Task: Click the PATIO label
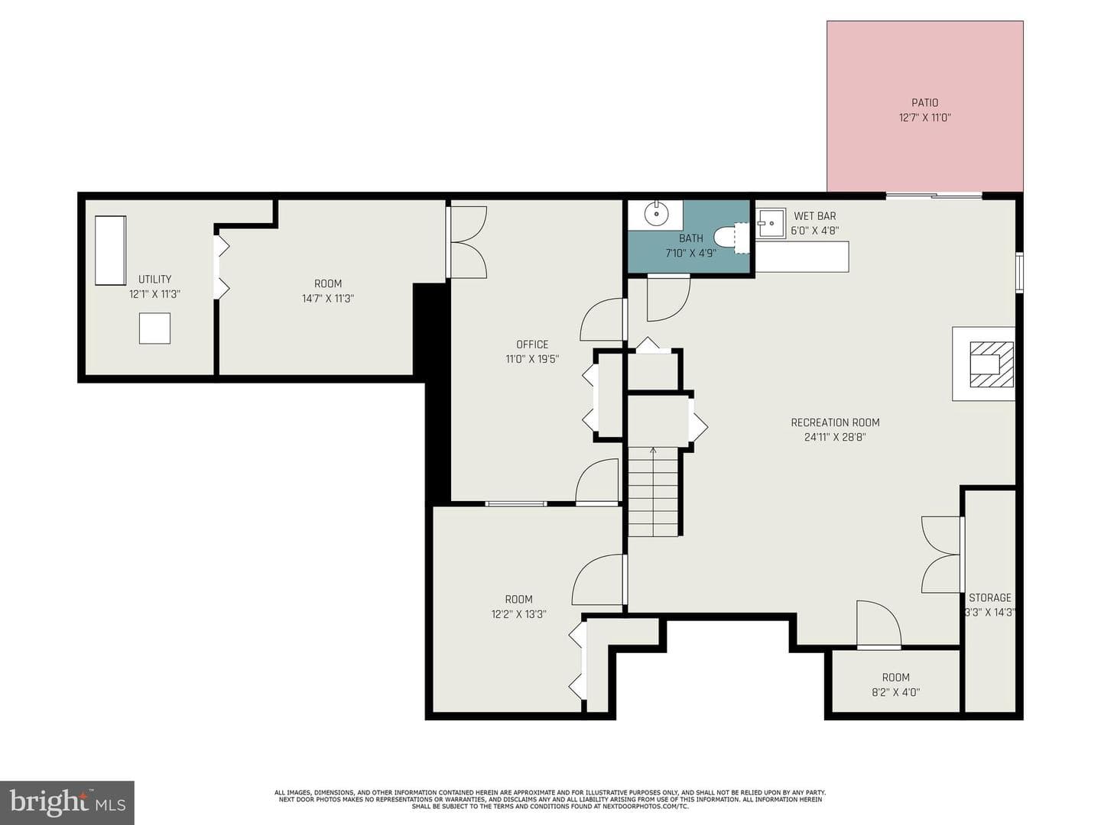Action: [924, 102]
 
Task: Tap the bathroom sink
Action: [655, 215]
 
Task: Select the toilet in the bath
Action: [731, 238]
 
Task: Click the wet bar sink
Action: [771, 224]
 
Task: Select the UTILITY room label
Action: [154, 279]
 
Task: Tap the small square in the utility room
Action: [154, 328]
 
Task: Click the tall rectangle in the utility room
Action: [110, 251]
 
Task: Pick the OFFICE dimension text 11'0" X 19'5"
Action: [531, 359]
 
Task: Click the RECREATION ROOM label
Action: [835, 422]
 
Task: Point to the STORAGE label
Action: [989, 597]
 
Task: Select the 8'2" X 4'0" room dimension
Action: [895, 692]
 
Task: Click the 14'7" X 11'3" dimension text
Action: [327, 299]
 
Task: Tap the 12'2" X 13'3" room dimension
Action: [518, 614]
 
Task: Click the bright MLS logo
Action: [67, 803]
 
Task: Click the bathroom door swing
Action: [667, 298]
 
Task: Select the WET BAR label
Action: [814, 216]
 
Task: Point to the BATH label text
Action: [690, 238]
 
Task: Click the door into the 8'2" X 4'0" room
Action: [879, 625]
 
